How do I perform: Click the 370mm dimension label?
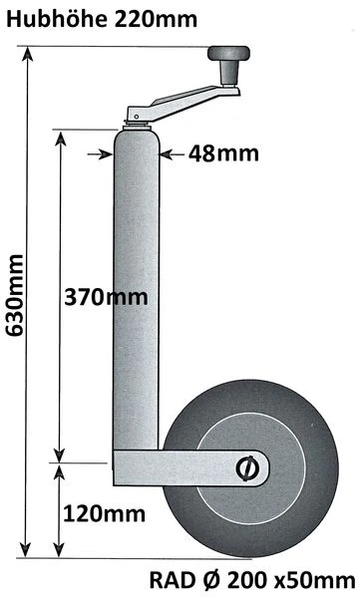click(105, 297)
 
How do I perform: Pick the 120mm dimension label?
click(104, 513)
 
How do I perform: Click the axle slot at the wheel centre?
click(245, 465)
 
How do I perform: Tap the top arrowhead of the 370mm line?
click(64, 135)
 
